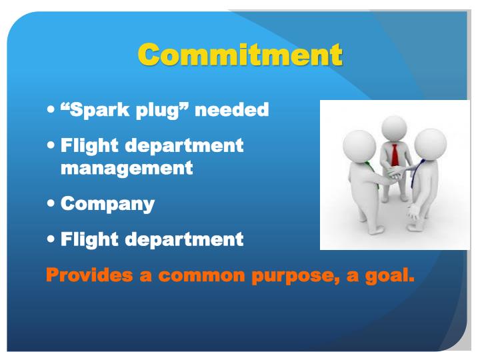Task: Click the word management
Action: pyautogui.click(x=127, y=169)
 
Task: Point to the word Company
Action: pyautogui.click(x=107, y=204)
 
